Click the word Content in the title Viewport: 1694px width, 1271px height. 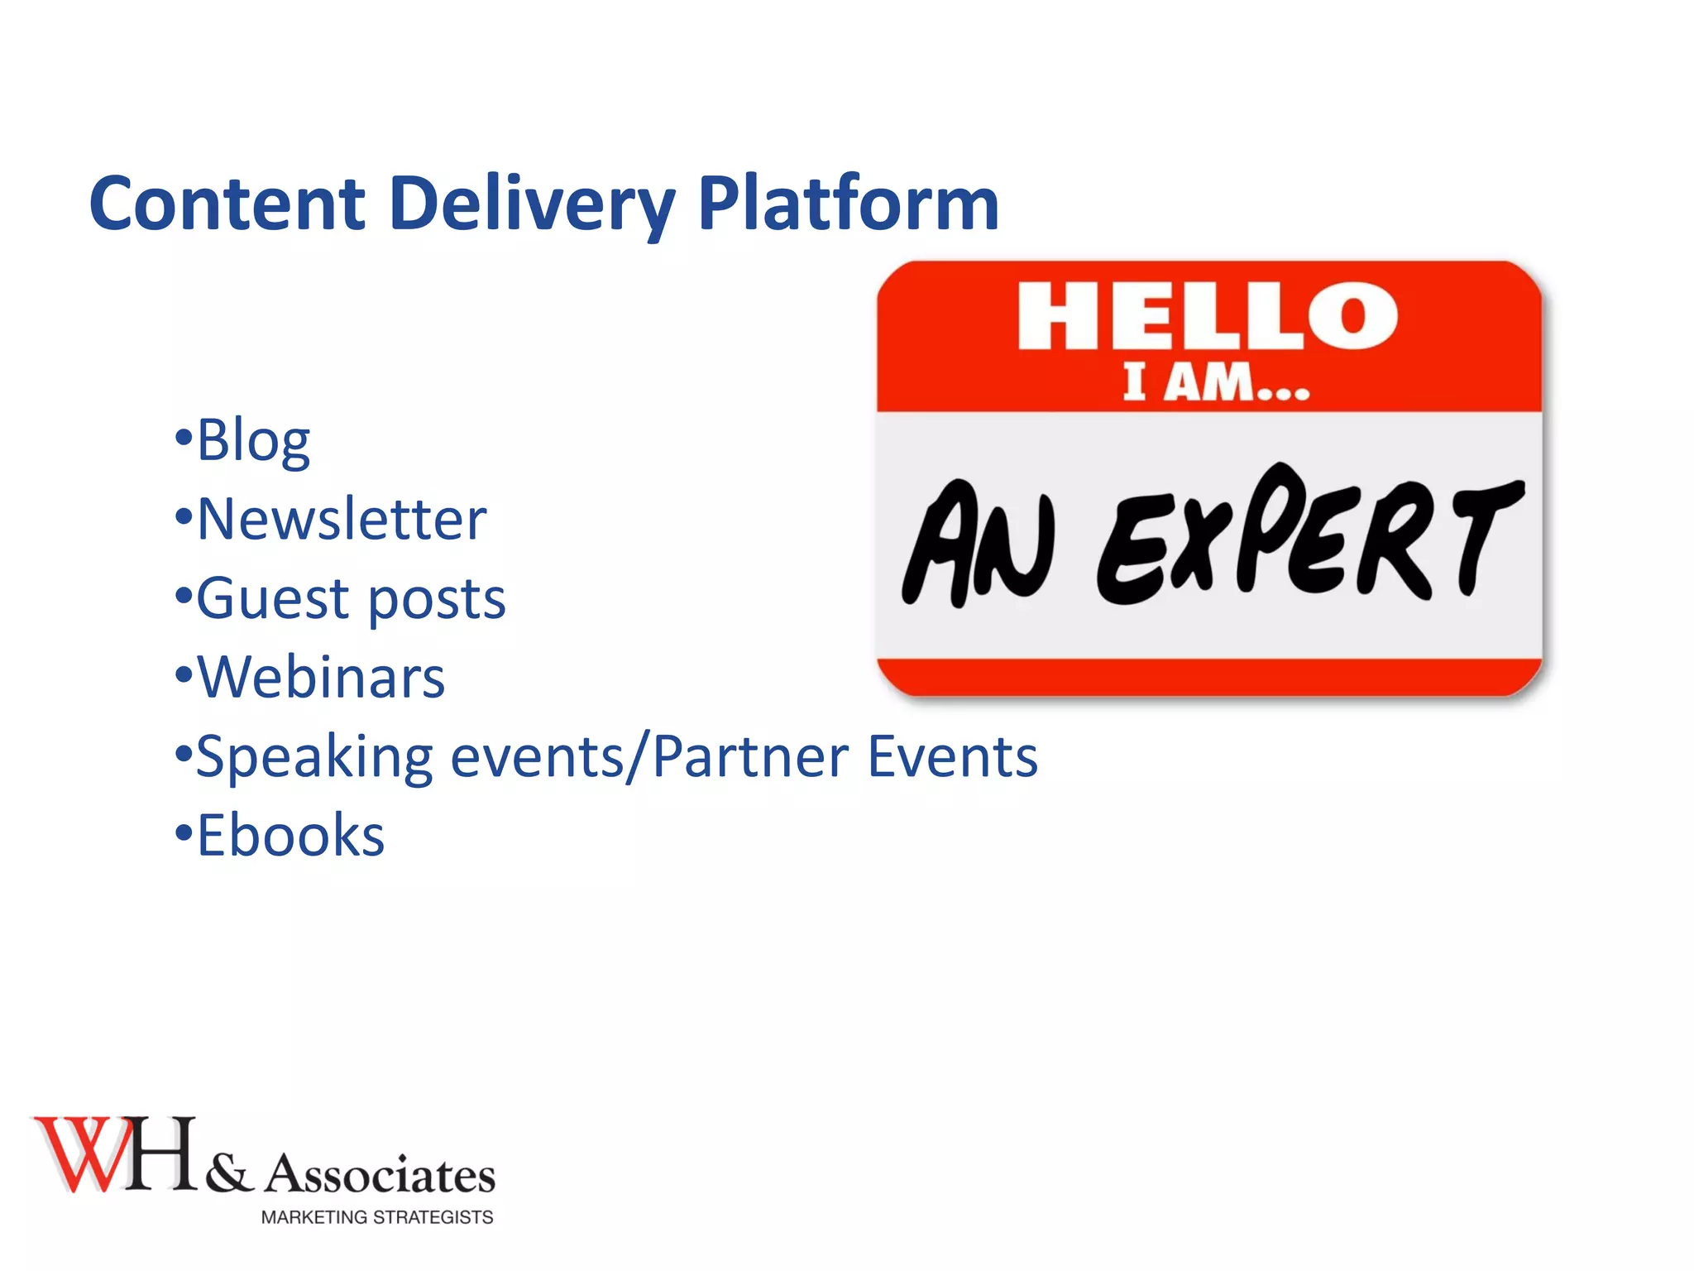pos(227,204)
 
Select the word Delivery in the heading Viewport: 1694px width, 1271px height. pos(532,205)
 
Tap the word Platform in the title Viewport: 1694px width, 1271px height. pos(848,204)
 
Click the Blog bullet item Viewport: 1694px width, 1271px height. pos(252,440)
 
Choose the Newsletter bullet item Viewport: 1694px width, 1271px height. pos(341,520)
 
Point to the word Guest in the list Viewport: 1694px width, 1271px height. pos(273,598)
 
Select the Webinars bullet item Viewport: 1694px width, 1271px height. pos(320,678)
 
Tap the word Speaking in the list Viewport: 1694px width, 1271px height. pos(314,757)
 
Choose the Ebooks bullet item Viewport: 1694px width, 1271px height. pos(290,836)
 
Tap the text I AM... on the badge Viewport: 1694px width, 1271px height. pos(1216,384)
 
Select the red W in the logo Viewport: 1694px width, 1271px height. pos(83,1154)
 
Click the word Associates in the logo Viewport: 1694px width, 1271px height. pos(380,1174)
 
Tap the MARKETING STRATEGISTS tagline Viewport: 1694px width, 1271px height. pos(377,1217)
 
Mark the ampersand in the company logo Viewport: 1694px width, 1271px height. pos(228,1173)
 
